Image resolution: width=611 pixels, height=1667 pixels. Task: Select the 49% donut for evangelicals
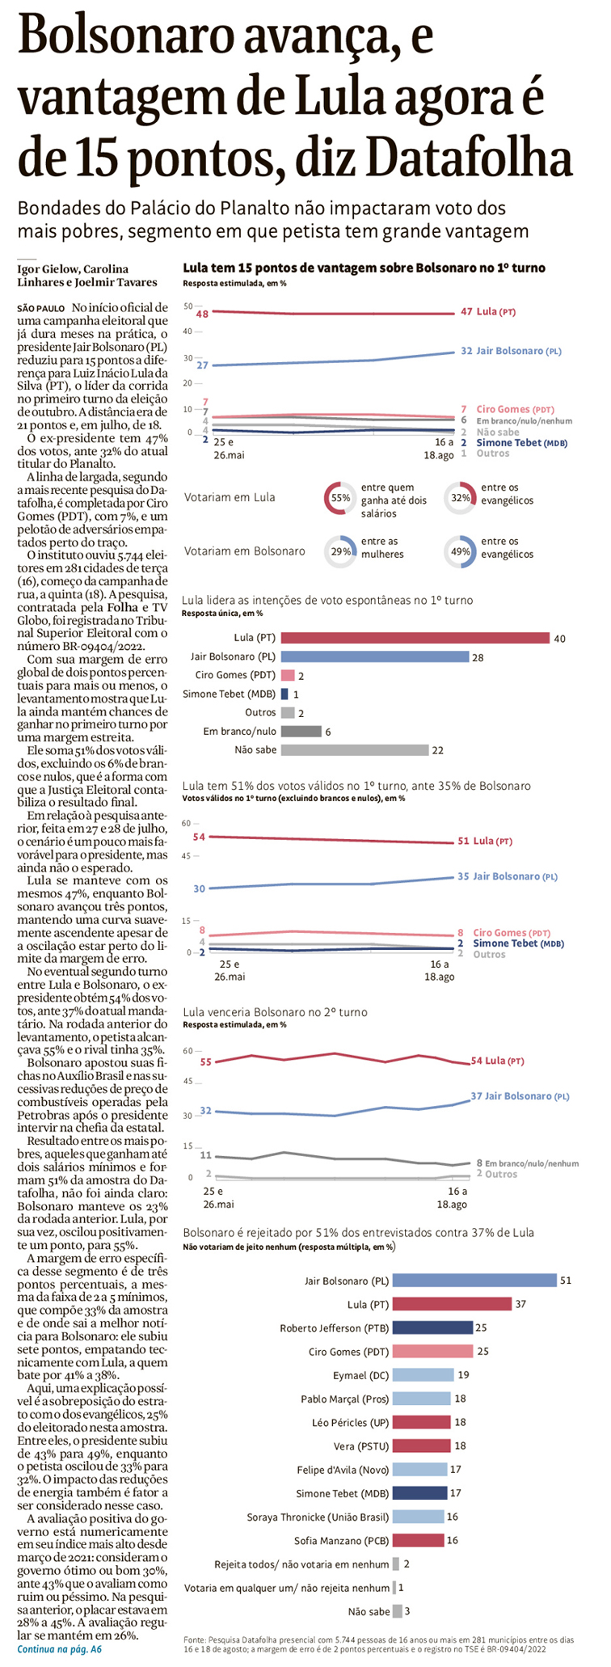tap(461, 551)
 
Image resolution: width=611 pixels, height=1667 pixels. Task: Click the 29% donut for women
tap(340, 551)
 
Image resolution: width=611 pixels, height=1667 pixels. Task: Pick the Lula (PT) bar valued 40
tap(415, 638)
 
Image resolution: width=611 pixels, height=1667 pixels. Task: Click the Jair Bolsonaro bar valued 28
tap(375, 657)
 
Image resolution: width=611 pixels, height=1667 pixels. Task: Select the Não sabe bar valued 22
tap(354, 749)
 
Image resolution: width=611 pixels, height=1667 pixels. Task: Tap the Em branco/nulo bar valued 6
tap(301, 732)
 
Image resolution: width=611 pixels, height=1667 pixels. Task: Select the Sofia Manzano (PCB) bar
tap(419, 1540)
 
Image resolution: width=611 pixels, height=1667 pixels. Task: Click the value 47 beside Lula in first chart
tap(466, 311)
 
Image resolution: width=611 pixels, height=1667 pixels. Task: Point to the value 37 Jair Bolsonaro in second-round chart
tap(477, 1096)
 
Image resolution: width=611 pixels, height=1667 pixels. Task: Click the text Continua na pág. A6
tap(60, 1648)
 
